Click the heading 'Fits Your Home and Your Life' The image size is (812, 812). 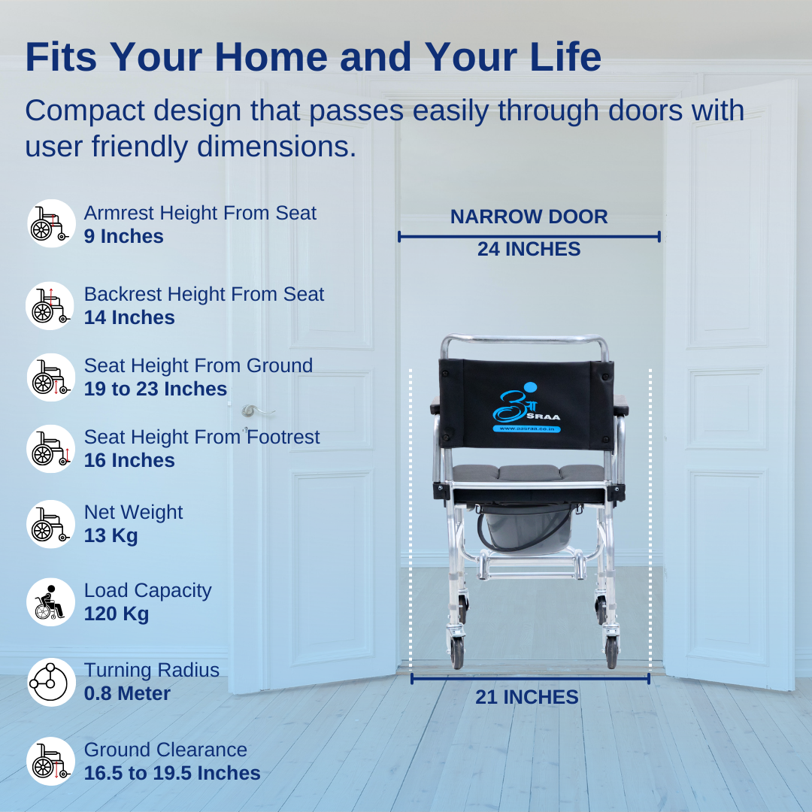[314, 56]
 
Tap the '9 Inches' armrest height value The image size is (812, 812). [124, 236]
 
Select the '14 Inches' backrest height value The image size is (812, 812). [129, 317]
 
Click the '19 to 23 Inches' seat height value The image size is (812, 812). [156, 389]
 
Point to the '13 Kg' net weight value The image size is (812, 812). [111, 535]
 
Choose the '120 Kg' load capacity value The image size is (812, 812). [117, 614]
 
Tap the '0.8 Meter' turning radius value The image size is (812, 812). [127, 693]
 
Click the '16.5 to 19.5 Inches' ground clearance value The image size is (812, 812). [172, 773]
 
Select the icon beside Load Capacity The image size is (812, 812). [51, 602]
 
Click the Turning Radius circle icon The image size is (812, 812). [51, 682]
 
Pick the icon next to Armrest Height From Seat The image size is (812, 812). [51, 223]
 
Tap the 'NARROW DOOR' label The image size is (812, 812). [529, 217]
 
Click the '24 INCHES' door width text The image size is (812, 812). [529, 249]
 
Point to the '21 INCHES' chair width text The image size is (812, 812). [527, 697]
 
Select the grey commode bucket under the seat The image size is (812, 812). [526, 529]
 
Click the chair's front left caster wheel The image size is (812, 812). [457, 652]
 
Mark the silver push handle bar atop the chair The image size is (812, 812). [524, 341]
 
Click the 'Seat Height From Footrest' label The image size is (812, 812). [202, 438]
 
